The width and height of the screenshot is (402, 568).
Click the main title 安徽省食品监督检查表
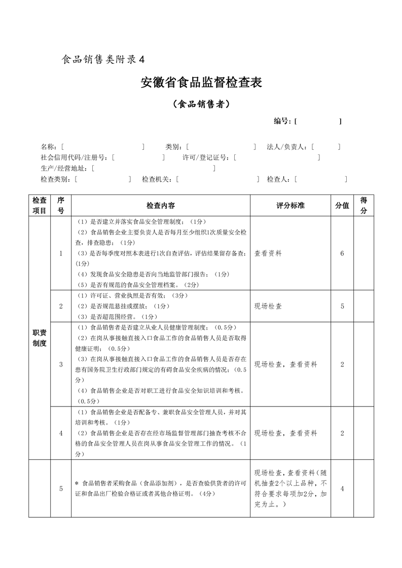click(201, 83)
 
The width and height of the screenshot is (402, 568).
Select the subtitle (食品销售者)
click(201, 104)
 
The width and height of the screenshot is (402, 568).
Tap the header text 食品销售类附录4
click(103, 59)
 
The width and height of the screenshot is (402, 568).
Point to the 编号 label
click(282, 121)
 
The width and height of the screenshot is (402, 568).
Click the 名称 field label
click(49, 147)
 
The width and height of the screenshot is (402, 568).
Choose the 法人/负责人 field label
click(287, 147)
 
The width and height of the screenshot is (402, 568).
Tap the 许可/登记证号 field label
click(207, 157)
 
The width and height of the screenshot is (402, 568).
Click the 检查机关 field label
click(157, 179)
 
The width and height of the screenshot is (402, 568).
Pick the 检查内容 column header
click(161, 206)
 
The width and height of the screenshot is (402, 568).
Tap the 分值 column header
click(342, 206)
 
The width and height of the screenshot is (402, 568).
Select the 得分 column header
click(363, 206)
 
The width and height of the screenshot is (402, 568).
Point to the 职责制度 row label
click(40, 338)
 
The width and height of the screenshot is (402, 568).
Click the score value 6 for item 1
click(342, 253)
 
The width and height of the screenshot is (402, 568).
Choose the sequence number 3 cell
click(61, 364)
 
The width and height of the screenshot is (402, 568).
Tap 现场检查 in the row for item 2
click(269, 306)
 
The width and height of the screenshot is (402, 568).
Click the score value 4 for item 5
click(342, 489)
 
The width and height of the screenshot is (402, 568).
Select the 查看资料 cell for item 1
click(269, 253)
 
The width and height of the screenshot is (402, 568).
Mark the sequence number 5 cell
click(61, 489)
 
